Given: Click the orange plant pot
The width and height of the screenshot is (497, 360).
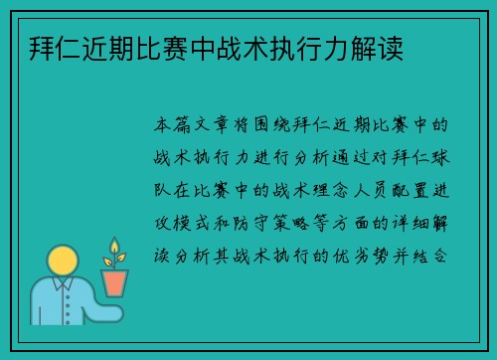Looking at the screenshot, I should click(x=115, y=282).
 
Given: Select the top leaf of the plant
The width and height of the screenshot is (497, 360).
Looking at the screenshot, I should click(x=115, y=245).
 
